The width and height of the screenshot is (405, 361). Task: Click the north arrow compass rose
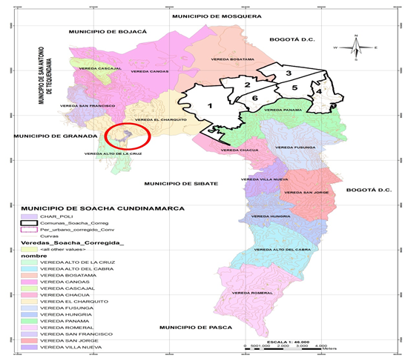tap(357, 48)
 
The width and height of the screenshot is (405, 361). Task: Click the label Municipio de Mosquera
tap(216, 15)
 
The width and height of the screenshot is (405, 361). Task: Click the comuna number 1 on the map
tap(210, 106)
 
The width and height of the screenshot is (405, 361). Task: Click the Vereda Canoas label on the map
tap(148, 71)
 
